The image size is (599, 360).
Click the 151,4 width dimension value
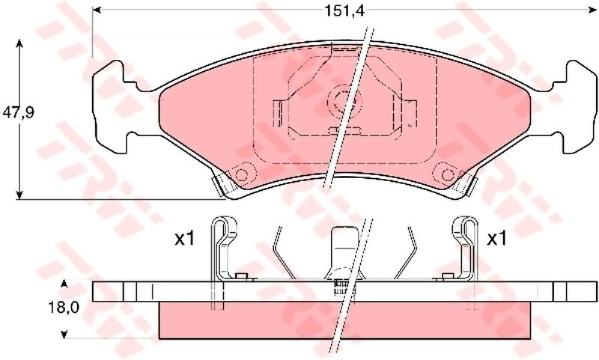point(344,10)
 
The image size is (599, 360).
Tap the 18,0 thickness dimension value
point(64,308)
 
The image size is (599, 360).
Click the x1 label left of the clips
point(185,239)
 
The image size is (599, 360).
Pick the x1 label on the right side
point(496,239)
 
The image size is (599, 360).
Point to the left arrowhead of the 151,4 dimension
point(97,10)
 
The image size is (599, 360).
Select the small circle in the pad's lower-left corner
point(241,175)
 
